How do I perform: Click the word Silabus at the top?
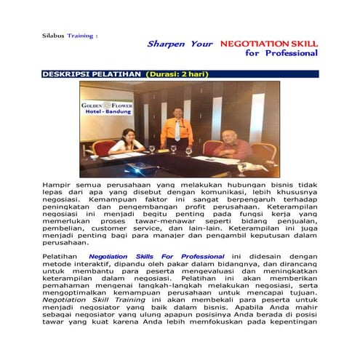(52, 34)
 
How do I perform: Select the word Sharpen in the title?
(167, 44)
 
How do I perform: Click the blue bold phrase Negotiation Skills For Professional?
(156, 257)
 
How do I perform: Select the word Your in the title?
(201, 44)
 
